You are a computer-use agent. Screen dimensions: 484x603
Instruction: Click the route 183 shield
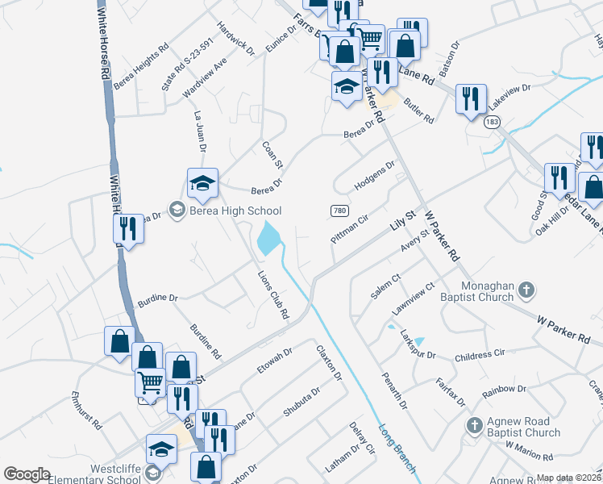coord(492,123)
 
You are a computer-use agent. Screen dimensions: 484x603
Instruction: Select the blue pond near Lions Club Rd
coord(268,237)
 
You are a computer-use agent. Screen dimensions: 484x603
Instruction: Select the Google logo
coord(27,474)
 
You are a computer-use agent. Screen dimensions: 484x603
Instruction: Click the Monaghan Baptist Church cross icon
coord(526,289)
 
